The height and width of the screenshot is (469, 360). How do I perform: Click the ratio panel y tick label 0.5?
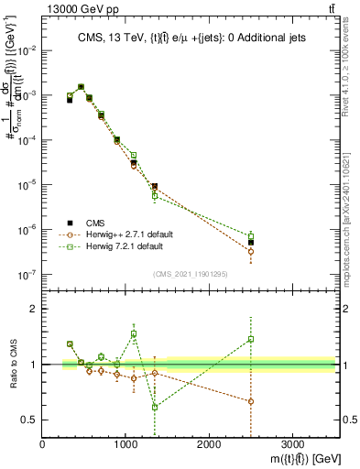coord(30,420)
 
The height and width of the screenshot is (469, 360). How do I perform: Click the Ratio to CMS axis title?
coord(14,365)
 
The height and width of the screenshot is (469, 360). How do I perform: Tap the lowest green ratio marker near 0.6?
coord(155,407)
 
